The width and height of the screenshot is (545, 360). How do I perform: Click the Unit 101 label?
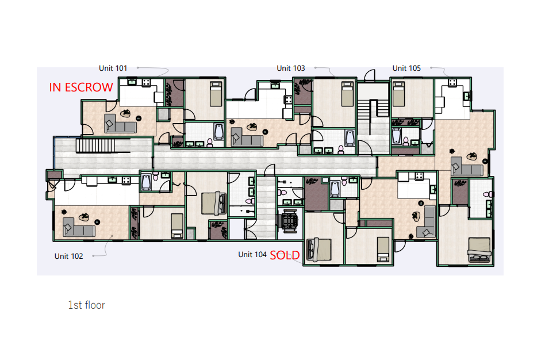[x=113, y=68]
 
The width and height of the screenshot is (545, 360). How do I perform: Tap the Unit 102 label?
[x=69, y=256]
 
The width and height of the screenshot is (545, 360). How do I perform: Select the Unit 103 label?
[x=290, y=68]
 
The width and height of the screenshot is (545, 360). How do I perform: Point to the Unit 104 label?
[x=252, y=255]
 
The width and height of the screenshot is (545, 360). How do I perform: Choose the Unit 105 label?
[x=406, y=68]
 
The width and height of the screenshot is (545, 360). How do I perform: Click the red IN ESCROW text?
[x=81, y=87]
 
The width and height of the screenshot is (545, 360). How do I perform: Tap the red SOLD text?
[x=285, y=255]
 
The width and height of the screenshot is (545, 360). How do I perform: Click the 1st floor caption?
[x=87, y=305]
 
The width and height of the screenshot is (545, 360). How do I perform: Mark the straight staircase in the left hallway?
[x=95, y=145]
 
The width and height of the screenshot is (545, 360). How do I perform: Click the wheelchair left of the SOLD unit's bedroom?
[x=288, y=220]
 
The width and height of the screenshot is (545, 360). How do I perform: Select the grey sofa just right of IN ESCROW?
[x=120, y=123]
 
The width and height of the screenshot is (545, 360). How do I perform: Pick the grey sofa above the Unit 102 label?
[x=79, y=227]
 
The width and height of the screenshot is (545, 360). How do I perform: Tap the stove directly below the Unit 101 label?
[x=147, y=82]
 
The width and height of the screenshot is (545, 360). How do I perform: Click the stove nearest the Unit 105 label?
[x=452, y=82]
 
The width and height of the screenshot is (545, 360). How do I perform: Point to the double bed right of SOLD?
[x=318, y=249]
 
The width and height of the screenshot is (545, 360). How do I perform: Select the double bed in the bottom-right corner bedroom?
[x=479, y=250]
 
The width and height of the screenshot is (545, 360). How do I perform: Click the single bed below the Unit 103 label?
[x=347, y=94]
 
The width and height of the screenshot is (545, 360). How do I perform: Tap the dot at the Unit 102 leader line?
[x=93, y=256]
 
